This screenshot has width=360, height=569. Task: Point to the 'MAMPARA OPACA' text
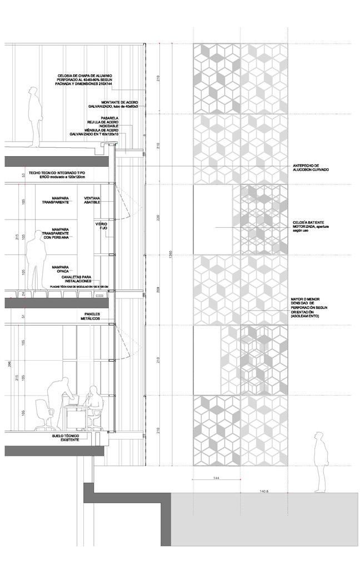click(61, 269)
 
